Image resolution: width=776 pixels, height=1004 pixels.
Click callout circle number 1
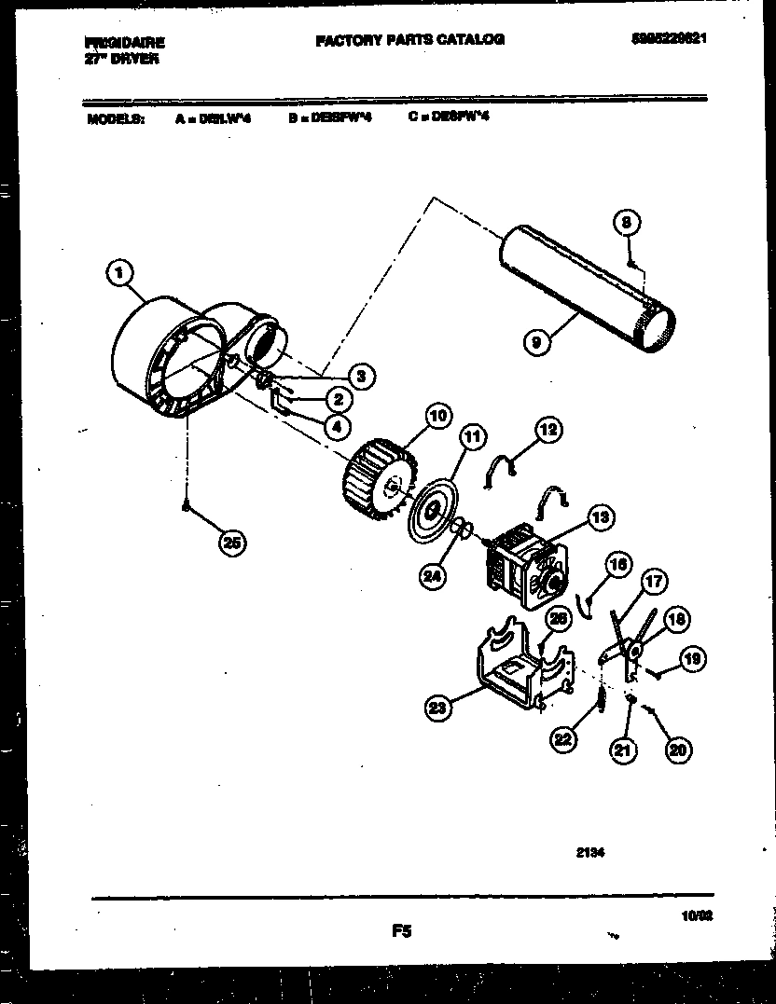pos(117,273)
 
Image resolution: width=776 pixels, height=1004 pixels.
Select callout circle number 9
pos(535,342)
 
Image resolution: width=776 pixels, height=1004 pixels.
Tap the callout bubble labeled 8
pos(628,223)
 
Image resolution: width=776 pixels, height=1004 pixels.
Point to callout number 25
pos(233,543)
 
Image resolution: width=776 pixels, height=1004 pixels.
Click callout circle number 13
pos(601,516)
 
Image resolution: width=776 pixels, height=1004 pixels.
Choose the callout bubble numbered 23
pos(438,709)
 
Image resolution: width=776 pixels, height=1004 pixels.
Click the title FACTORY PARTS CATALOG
pos(409,40)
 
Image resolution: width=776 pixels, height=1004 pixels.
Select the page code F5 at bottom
pos(402,929)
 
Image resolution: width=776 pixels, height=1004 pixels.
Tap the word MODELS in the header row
pos(115,118)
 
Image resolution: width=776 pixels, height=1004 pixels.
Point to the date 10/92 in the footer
pos(711,917)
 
